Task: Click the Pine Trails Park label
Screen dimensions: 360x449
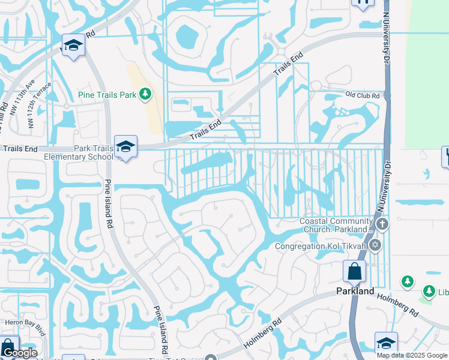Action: point(107,95)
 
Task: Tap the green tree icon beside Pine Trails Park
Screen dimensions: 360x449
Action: point(145,94)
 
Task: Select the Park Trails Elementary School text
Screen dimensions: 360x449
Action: point(78,152)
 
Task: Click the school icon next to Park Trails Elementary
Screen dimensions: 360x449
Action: point(125,146)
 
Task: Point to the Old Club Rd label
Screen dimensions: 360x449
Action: point(364,95)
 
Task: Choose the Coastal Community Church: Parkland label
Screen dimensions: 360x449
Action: point(337,225)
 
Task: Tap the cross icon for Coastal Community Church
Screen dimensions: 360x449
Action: point(383,224)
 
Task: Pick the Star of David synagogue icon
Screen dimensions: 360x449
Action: point(375,245)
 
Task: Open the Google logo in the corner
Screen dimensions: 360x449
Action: point(19,353)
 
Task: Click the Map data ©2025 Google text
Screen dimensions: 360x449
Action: point(412,355)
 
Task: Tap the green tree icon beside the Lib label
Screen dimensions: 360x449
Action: point(429,291)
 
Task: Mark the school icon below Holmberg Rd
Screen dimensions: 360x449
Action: point(386,343)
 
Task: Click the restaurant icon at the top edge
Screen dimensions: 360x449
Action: point(363,2)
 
